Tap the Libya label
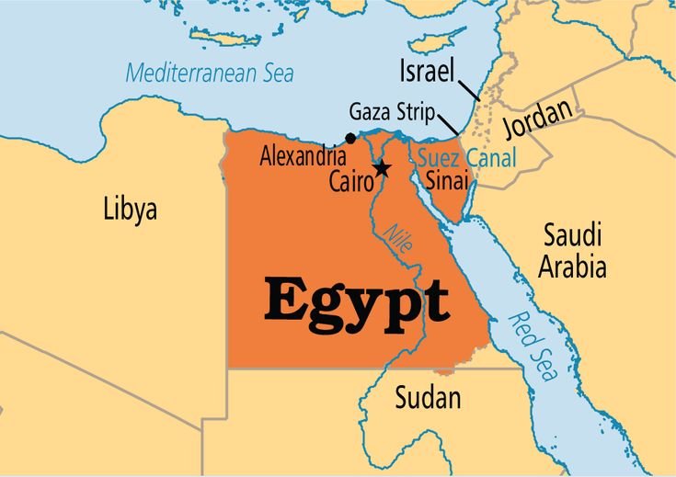click(x=130, y=209)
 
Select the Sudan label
click(x=428, y=398)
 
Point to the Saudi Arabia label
click(x=572, y=249)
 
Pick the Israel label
click(x=429, y=70)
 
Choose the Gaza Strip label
click(x=391, y=113)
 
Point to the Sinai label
click(x=446, y=182)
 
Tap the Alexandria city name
click(x=303, y=157)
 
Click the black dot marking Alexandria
click(x=350, y=139)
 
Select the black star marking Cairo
click(x=382, y=169)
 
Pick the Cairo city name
click(x=351, y=182)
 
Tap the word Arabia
click(x=572, y=267)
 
